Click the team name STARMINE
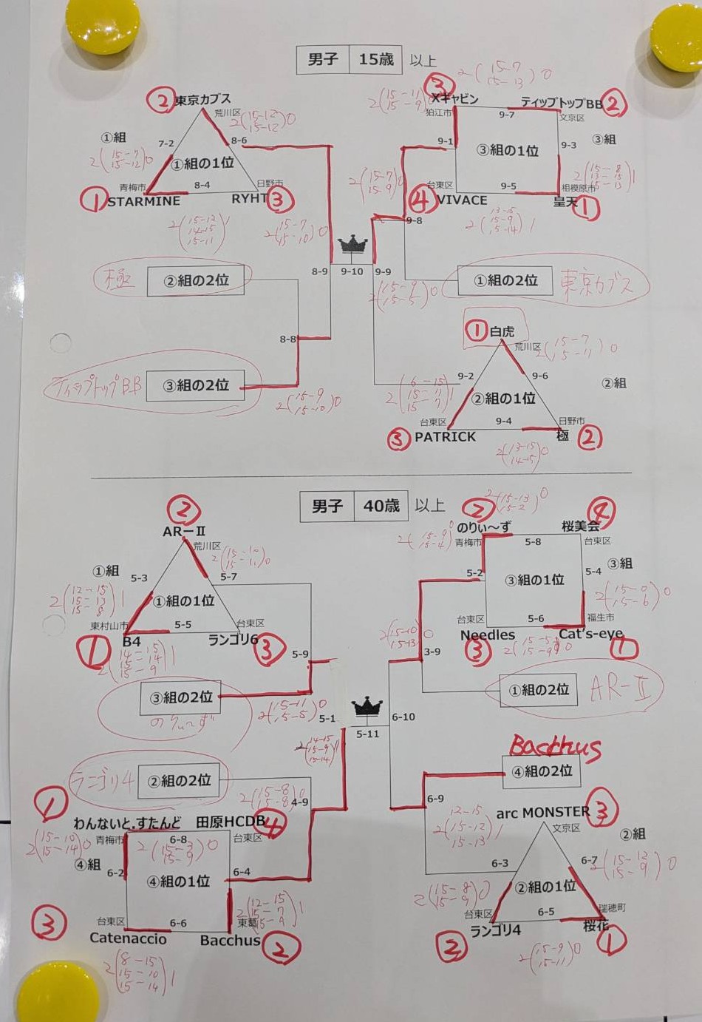144,201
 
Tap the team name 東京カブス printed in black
202,99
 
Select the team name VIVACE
462,200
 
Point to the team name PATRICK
445,437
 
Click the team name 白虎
502,332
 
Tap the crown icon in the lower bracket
367,708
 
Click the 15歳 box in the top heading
376,60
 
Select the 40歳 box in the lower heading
381,507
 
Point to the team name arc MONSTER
543,813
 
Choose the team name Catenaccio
128,938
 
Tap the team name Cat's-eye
590,634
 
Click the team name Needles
488,635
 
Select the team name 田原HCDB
230,822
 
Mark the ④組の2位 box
542,771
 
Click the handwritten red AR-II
621,690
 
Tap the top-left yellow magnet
102,24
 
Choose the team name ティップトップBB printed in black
562,104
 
